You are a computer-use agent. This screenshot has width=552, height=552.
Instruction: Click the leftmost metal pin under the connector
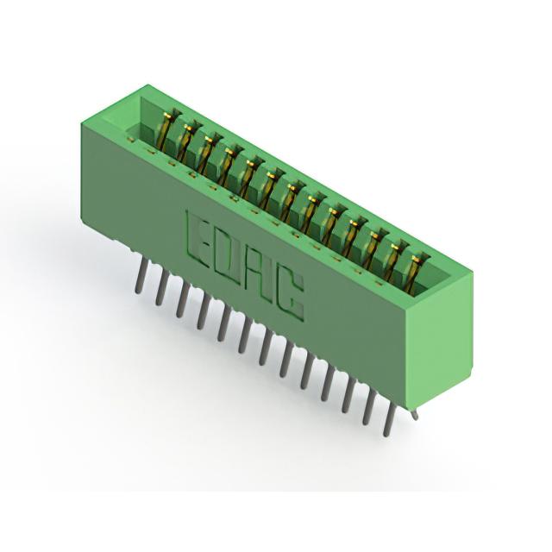tap(139, 274)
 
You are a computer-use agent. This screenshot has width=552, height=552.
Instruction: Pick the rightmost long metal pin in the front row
tap(389, 420)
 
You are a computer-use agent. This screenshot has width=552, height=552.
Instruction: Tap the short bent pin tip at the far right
tap(415, 416)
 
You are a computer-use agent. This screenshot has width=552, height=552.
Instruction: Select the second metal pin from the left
tap(160, 287)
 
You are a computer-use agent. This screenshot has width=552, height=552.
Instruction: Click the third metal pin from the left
tap(182, 300)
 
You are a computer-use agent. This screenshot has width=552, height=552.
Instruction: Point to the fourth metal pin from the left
tap(202, 312)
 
